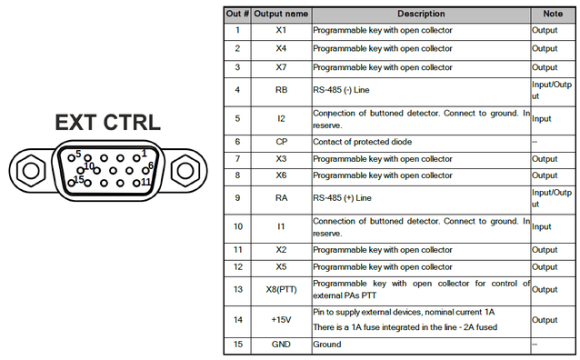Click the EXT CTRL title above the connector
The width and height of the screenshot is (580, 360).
(x=107, y=123)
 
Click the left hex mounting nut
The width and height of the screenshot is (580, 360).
(x=31, y=171)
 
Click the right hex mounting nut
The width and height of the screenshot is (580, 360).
(x=185, y=171)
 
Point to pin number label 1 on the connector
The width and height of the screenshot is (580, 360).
(x=144, y=153)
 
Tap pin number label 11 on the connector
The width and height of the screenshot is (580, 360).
(x=146, y=181)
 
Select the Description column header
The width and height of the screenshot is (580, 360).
(x=421, y=14)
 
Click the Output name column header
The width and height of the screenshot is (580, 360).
(x=281, y=14)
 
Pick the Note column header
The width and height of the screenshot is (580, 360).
(x=553, y=14)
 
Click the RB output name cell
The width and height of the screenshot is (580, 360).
(x=281, y=90)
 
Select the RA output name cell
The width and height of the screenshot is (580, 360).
(x=281, y=198)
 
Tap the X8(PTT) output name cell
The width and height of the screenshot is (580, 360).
(x=281, y=289)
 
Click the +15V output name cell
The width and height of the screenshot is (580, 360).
(x=281, y=320)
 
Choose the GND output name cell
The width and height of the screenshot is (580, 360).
(x=281, y=344)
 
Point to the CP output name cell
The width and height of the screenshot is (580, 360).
(x=281, y=142)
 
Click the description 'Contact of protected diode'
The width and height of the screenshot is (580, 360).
(x=362, y=142)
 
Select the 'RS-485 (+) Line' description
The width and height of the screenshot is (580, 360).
(x=342, y=198)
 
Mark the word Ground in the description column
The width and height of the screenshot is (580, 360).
(x=327, y=344)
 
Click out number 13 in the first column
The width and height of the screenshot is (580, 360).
(x=238, y=289)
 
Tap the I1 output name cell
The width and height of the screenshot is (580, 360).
(x=281, y=226)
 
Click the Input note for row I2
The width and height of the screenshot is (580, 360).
(x=542, y=119)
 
